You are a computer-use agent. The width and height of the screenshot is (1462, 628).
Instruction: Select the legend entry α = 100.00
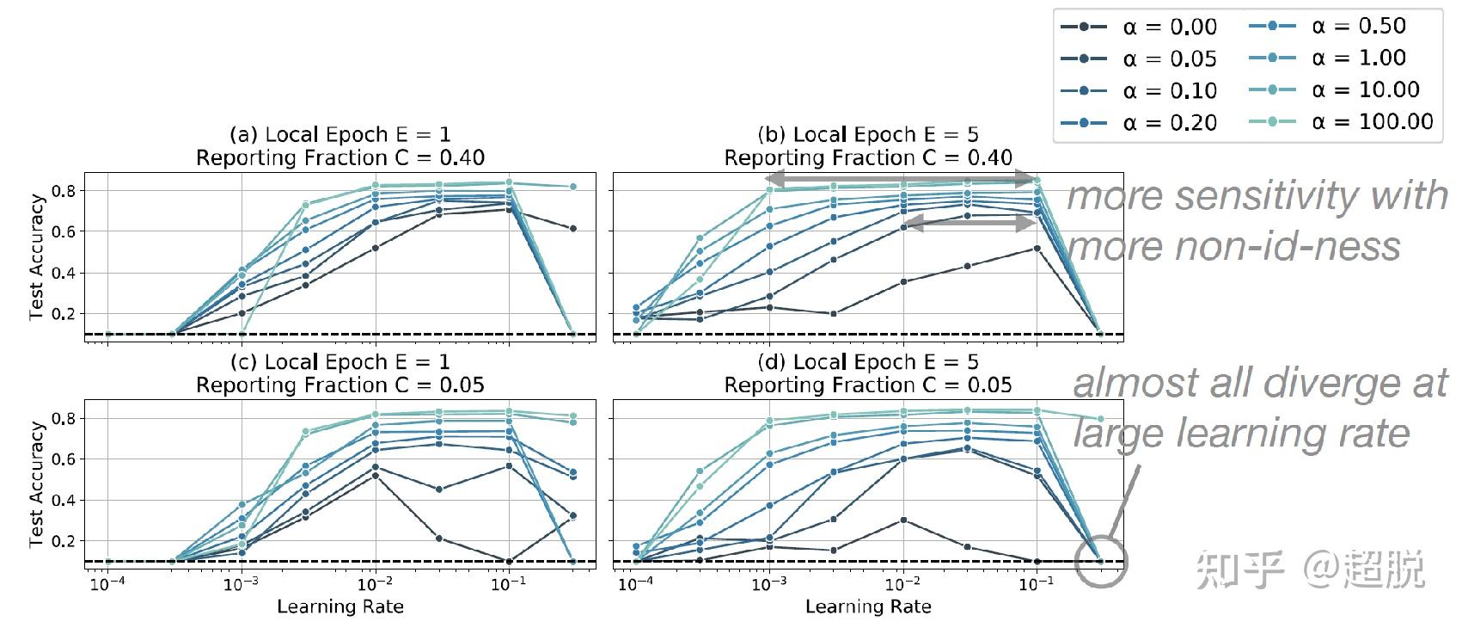pyautogui.click(x=1340, y=122)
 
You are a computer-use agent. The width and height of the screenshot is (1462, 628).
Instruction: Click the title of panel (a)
pyautogui.click(x=340, y=146)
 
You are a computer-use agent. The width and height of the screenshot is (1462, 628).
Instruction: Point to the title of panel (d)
pyautogui.click(x=868, y=373)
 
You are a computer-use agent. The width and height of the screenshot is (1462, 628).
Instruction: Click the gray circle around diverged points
pyautogui.click(x=1101, y=562)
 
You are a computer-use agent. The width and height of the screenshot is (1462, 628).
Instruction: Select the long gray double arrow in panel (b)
pyautogui.click(x=902, y=179)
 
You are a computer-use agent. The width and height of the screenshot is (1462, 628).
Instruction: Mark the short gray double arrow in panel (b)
pyautogui.click(x=969, y=222)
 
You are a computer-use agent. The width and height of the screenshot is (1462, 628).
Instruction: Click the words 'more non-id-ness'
pyautogui.click(x=1233, y=247)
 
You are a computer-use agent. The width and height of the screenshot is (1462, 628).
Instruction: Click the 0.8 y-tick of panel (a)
pyautogui.click(x=65, y=190)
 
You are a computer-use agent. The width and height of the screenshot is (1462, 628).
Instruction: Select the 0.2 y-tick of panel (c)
pyautogui.click(x=65, y=541)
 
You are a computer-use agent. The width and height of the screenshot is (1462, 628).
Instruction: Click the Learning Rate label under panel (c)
pyautogui.click(x=340, y=607)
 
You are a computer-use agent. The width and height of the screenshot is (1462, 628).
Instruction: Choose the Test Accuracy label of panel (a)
pyautogui.click(x=36, y=256)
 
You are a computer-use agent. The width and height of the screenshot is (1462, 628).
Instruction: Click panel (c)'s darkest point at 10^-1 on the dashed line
pyautogui.click(x=509, y=562)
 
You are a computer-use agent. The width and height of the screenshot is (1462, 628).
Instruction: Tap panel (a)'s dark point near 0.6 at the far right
pyautogui.click(x=572, y=228)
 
